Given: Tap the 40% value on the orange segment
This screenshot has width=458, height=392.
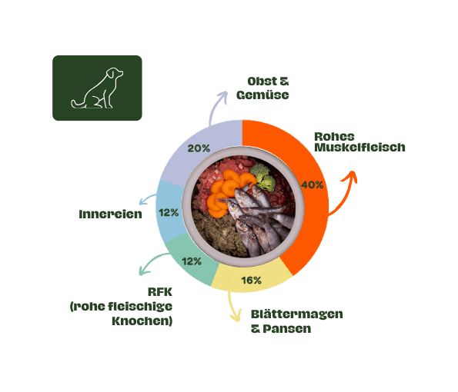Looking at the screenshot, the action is pyautogui.click(x=313, y=184).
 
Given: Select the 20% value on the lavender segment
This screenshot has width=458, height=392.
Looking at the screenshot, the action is pyautogui.click(x=199, y=148).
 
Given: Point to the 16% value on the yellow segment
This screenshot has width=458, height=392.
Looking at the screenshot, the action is pyautogui.click(x=251, y=281).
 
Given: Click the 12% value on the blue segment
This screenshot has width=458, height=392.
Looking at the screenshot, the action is pyautogui.click(x=169, y=213).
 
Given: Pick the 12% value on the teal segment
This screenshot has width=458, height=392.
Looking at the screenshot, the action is pyautogui.click(x=192, y=261).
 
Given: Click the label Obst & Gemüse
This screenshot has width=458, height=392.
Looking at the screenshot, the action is pyautogui.click(x=262, y=88).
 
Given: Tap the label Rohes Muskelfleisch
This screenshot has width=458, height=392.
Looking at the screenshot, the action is pyautogui.click(x=359, y=142).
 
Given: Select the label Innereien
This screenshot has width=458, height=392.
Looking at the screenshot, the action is pyautogui.click(x=110, y=214).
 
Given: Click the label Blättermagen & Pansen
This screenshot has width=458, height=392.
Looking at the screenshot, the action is pyautogui.click(x=297, y=321).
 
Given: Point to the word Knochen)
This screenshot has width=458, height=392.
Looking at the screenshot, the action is pyautogui.click(x=142, y=321).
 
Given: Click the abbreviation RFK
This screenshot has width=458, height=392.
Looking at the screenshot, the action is pyautogui.click(x=160, y=291).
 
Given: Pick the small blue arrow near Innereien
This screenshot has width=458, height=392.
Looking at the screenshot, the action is pyautogui.click(x=148, y=198).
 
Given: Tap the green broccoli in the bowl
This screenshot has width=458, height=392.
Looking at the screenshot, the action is pyautogui.click(x=263, y=177).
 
